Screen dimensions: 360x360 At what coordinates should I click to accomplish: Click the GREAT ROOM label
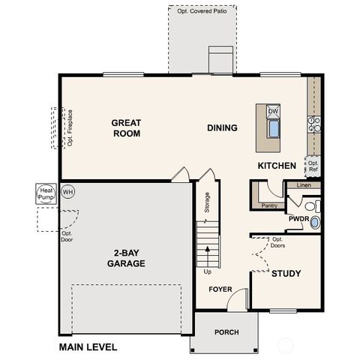(x=126, y=127)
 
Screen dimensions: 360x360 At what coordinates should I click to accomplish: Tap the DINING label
(x=222, y=127)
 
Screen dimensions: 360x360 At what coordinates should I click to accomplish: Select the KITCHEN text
(x=277, y=165)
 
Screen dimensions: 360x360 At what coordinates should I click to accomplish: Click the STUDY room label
(x=286, y=274)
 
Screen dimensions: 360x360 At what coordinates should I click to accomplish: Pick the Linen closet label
(x=303, y=184)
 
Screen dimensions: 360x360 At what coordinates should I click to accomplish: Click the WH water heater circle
(x=68, y=191)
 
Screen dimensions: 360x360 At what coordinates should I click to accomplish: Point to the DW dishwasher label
(x=273, y=111)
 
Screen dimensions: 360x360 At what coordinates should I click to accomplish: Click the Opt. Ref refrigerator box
(x=313, y=166)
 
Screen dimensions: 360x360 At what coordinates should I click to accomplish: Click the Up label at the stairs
(x=208, y=271)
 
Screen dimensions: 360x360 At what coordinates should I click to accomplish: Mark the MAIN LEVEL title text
(x=88, y=347)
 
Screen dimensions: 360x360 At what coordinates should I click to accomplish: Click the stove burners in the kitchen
(x=315, y=124)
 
